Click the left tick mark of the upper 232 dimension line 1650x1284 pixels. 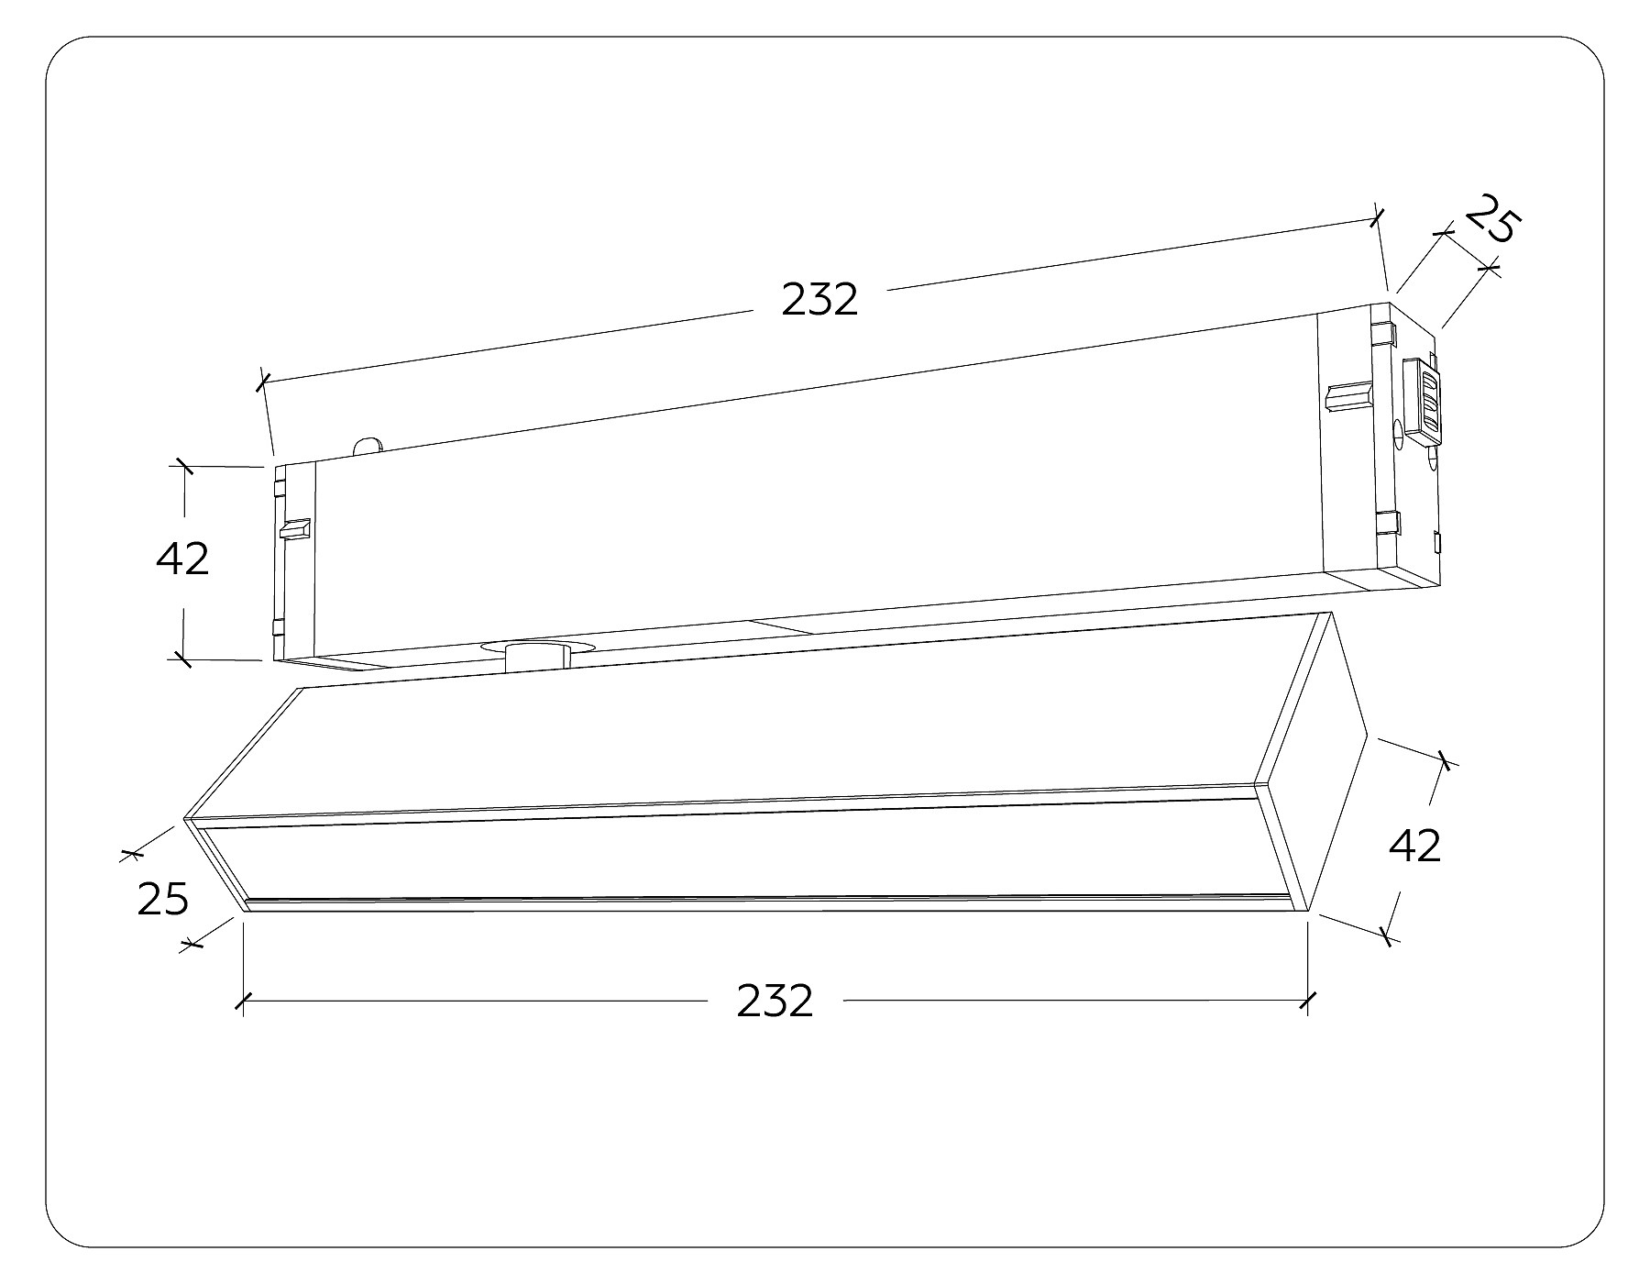click(x=263, y=381)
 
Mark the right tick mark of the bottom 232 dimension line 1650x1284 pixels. click(x=1307, y=1001)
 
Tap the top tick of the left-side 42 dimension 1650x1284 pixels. click(x=184, y=466)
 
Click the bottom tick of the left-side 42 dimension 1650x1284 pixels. click(x=182, y=658)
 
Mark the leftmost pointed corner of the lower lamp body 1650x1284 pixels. click(x=184, y=816)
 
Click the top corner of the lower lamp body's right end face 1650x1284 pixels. click(x=1329, y=612)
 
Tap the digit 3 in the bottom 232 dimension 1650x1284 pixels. click(x=775, y=1002)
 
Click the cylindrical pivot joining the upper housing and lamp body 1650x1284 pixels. click(x=537, y=659)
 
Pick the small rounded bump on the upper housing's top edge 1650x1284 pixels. click(x=368, y=445)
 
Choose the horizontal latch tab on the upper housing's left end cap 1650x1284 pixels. click(x=295, y=529)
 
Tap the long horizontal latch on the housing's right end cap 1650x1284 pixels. click(x=1349, y=396)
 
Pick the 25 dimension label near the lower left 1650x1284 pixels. click(x=163, y=899)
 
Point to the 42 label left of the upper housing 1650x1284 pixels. click(x=182, y=559)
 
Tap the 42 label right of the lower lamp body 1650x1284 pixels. click(x=1415, y=846)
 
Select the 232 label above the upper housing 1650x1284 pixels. click(x=819, y=300)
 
